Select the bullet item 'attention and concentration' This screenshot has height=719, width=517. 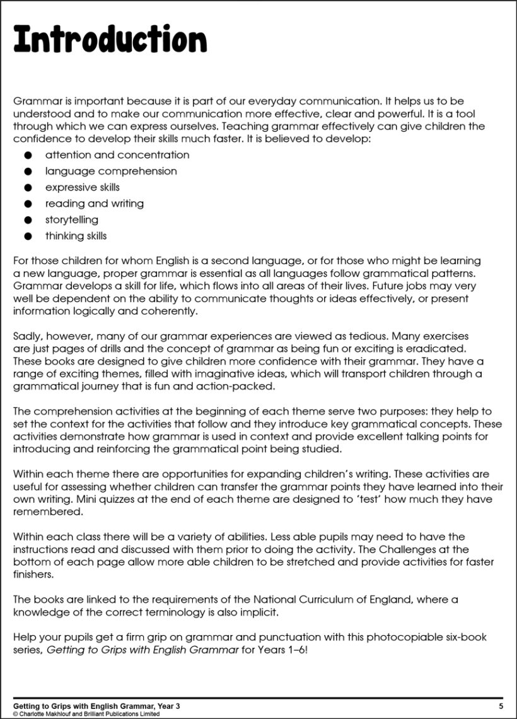(117, 155)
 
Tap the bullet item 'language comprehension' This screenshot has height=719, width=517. (110, 172)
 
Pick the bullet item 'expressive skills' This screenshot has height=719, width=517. (82, 187)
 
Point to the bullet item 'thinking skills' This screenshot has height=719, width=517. (76, 237)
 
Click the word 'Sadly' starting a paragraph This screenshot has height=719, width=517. (27, 337)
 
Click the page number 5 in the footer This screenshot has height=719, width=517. (501, 705)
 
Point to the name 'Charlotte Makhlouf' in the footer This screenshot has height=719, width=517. (45, 714)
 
